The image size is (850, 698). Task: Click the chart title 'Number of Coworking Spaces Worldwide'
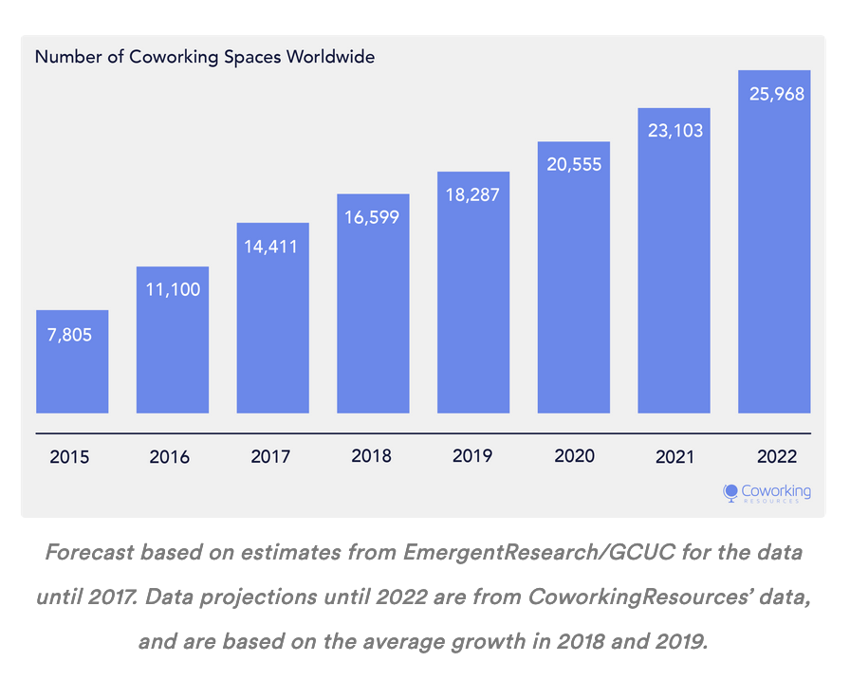tap(205, 57)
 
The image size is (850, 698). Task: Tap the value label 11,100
tap(173, 289)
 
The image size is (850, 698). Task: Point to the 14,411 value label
tap(273, 247)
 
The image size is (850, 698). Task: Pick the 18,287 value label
tap(473, 195)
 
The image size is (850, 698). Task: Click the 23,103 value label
tap(674, 131)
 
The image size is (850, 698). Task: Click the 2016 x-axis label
tap(170, 457)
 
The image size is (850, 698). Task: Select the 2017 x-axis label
tap(270, 457)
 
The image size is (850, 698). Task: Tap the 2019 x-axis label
tap(472, 456)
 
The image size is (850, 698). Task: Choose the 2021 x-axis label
tap(674, 457)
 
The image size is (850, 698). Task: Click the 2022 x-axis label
tap(776, 456)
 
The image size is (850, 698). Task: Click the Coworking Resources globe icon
tap(730, 492)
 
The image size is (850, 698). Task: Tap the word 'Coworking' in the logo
tap(777, 489)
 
